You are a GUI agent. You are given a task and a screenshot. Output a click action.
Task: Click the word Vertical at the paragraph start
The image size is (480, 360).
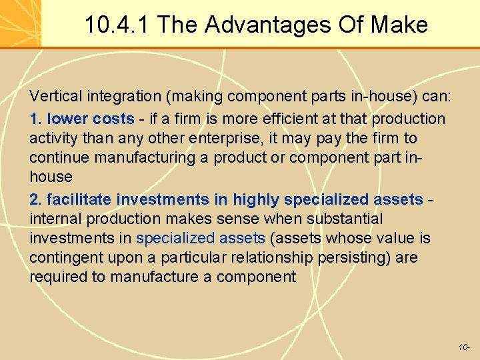(53, 97)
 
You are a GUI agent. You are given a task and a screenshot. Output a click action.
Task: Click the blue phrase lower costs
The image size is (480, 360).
(91, 119)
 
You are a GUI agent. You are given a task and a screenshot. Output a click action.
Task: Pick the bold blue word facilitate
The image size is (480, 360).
(79, 199)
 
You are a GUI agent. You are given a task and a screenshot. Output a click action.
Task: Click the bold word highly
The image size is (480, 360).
(256, 199)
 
